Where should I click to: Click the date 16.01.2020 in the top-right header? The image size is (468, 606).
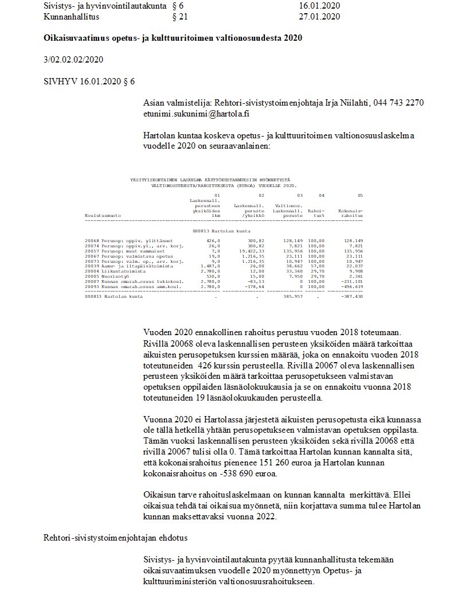[319, 6]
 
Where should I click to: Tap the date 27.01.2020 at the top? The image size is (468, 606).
[319, 17]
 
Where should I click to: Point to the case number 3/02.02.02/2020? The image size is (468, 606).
[73, 60]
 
